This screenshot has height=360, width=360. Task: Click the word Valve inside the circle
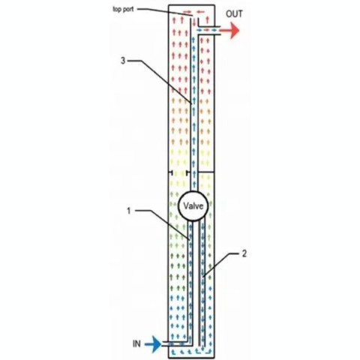(x=193, y=206)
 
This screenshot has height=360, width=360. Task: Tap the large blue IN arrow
(x=153, y=344)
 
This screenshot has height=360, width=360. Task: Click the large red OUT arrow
(x=229, y=31)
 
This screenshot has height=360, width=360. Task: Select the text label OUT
(x=234, y=14)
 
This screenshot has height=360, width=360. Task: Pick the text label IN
(x=136, y=344)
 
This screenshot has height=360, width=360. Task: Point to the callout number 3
(x=123, y=61)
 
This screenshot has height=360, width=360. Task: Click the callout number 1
(x=129, y=211)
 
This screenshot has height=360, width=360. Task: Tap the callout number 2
(x=244, y=253)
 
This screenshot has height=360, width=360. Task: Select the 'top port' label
(x=123, y=10)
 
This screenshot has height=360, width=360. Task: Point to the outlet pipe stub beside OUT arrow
(x=209, y=31)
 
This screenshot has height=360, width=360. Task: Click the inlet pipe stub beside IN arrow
(x=175, y=343)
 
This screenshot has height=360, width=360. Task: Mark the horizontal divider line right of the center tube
(x=205, y=172)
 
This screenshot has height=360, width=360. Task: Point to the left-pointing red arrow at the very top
(x=200, y=11)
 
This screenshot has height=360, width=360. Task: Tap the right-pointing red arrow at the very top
(x=187, y=11)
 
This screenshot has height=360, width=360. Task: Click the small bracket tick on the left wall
(x=171, y=172)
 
